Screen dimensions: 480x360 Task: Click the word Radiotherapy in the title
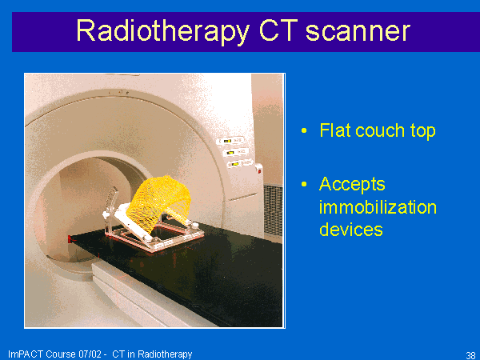pos(162,31)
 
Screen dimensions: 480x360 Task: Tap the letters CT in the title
pos(278,30)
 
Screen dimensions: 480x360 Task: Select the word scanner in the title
pos(358,31)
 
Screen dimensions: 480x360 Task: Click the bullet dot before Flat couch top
pos(304,130)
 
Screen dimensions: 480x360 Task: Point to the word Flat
pos(334,130)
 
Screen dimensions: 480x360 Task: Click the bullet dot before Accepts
pos(304,184)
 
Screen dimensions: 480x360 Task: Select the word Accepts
pos(352,185)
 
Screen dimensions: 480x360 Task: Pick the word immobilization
pos(378,207)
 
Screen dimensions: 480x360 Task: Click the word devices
pos(351,230)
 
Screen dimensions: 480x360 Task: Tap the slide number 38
pos(470,355)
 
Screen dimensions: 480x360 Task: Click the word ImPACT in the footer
pos(26,354)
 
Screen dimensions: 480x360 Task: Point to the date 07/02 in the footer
pos(90,354)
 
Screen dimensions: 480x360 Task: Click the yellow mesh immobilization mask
pos(159,202)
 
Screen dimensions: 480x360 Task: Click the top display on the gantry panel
pos(230,141)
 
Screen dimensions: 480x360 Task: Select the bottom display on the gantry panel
pos(239,163)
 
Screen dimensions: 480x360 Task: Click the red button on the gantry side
pos(259,171)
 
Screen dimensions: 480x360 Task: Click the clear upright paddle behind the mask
pos(110,202)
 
